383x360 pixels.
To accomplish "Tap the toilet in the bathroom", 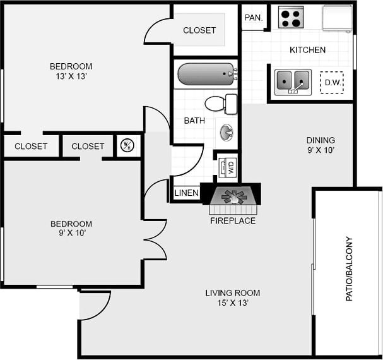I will tap(220, 103).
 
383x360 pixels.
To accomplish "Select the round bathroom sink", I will tap(226, 132).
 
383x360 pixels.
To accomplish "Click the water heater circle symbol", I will tap(127, 146).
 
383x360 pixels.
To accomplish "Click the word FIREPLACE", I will tap(233, 221).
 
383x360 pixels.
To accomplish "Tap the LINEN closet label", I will tap(186, 193).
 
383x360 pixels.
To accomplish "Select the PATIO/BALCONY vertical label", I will tap(349, 268).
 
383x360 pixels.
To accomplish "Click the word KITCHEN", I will tap(307, 50).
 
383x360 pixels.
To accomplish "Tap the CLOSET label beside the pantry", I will tap(199, 30).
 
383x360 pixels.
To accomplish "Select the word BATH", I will tap(194, 121).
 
